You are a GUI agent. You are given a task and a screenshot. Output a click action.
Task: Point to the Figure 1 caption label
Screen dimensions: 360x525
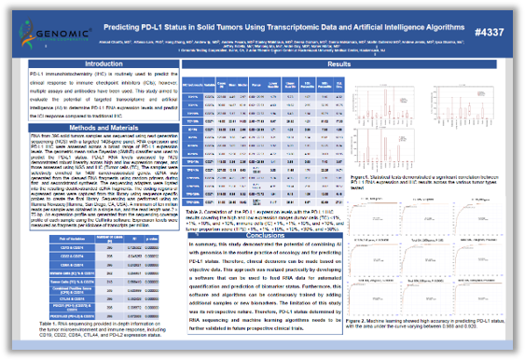click(x=364, y=173)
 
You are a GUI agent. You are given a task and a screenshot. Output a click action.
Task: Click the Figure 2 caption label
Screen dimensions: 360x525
click(x=364, y=318)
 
